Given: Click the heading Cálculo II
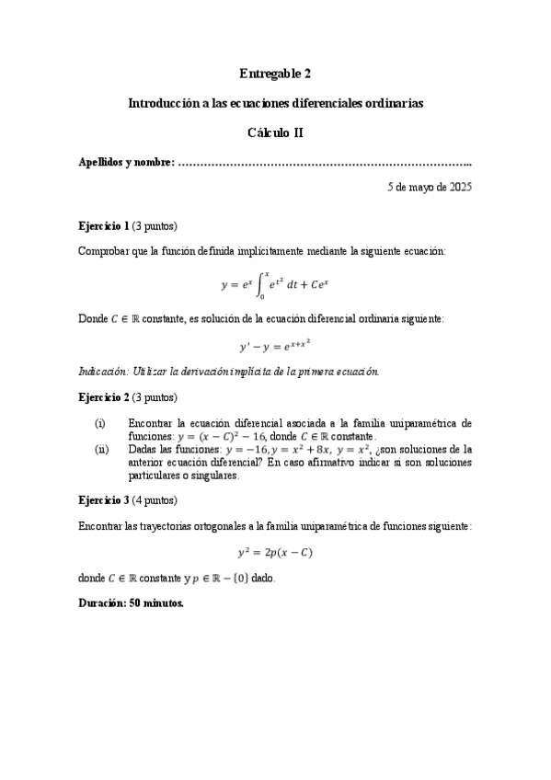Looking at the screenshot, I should click(x=275, y=132).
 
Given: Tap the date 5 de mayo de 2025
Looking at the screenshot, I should click(x=430, y=186).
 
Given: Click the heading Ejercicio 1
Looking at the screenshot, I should click(x=104, y=225).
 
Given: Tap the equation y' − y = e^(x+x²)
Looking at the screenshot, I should click(x=275, y=346).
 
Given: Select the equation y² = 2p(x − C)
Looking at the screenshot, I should click(x=275, y=552).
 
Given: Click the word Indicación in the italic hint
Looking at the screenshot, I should click(x=105, y=372).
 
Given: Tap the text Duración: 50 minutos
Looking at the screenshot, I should click(x=132, y=604).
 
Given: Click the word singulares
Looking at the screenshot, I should click(x=215, y=476).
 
